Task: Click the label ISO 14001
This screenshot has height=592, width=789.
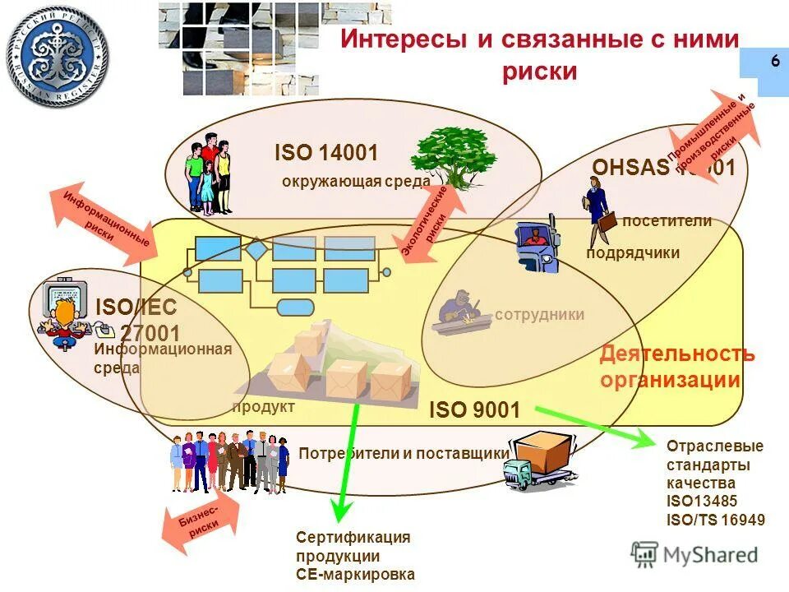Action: [326, 153]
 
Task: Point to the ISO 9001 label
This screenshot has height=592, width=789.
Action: [474, 409]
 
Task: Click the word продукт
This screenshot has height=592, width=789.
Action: [263, 406]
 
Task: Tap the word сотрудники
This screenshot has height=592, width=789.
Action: [540, 314]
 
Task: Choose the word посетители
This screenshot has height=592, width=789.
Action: [667, 220]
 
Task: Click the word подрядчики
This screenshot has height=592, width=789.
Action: [633, 252]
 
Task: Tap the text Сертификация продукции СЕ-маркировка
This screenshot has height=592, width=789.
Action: [354, 555]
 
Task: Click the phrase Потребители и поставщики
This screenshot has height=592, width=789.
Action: [404, 453]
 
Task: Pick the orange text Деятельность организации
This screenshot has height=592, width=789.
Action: [676, 368]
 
